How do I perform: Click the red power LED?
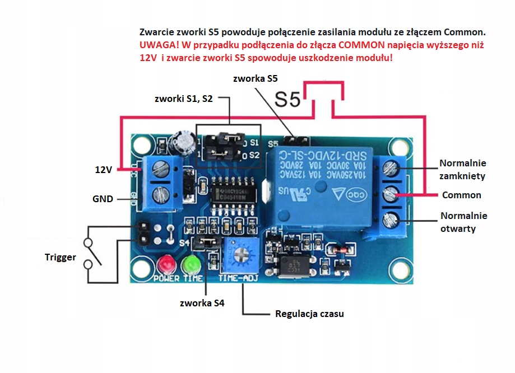coord(166,263)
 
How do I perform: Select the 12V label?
coord(104,169)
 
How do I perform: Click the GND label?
coord(103,199)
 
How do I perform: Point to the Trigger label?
coord(60,257)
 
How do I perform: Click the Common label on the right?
coord(461,195)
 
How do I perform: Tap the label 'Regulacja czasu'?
coord(309,314)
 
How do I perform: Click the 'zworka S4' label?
coord(202,303)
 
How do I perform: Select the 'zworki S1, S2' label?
coord(183,99)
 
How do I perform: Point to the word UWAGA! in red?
coord(159,44)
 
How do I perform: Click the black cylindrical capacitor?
coord(184,142)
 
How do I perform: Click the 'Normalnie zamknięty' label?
coord(462,169)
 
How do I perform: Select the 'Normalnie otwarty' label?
coord(463,222)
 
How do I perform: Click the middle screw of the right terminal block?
coord(389,194)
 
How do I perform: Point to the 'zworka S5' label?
coord(257,78)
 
